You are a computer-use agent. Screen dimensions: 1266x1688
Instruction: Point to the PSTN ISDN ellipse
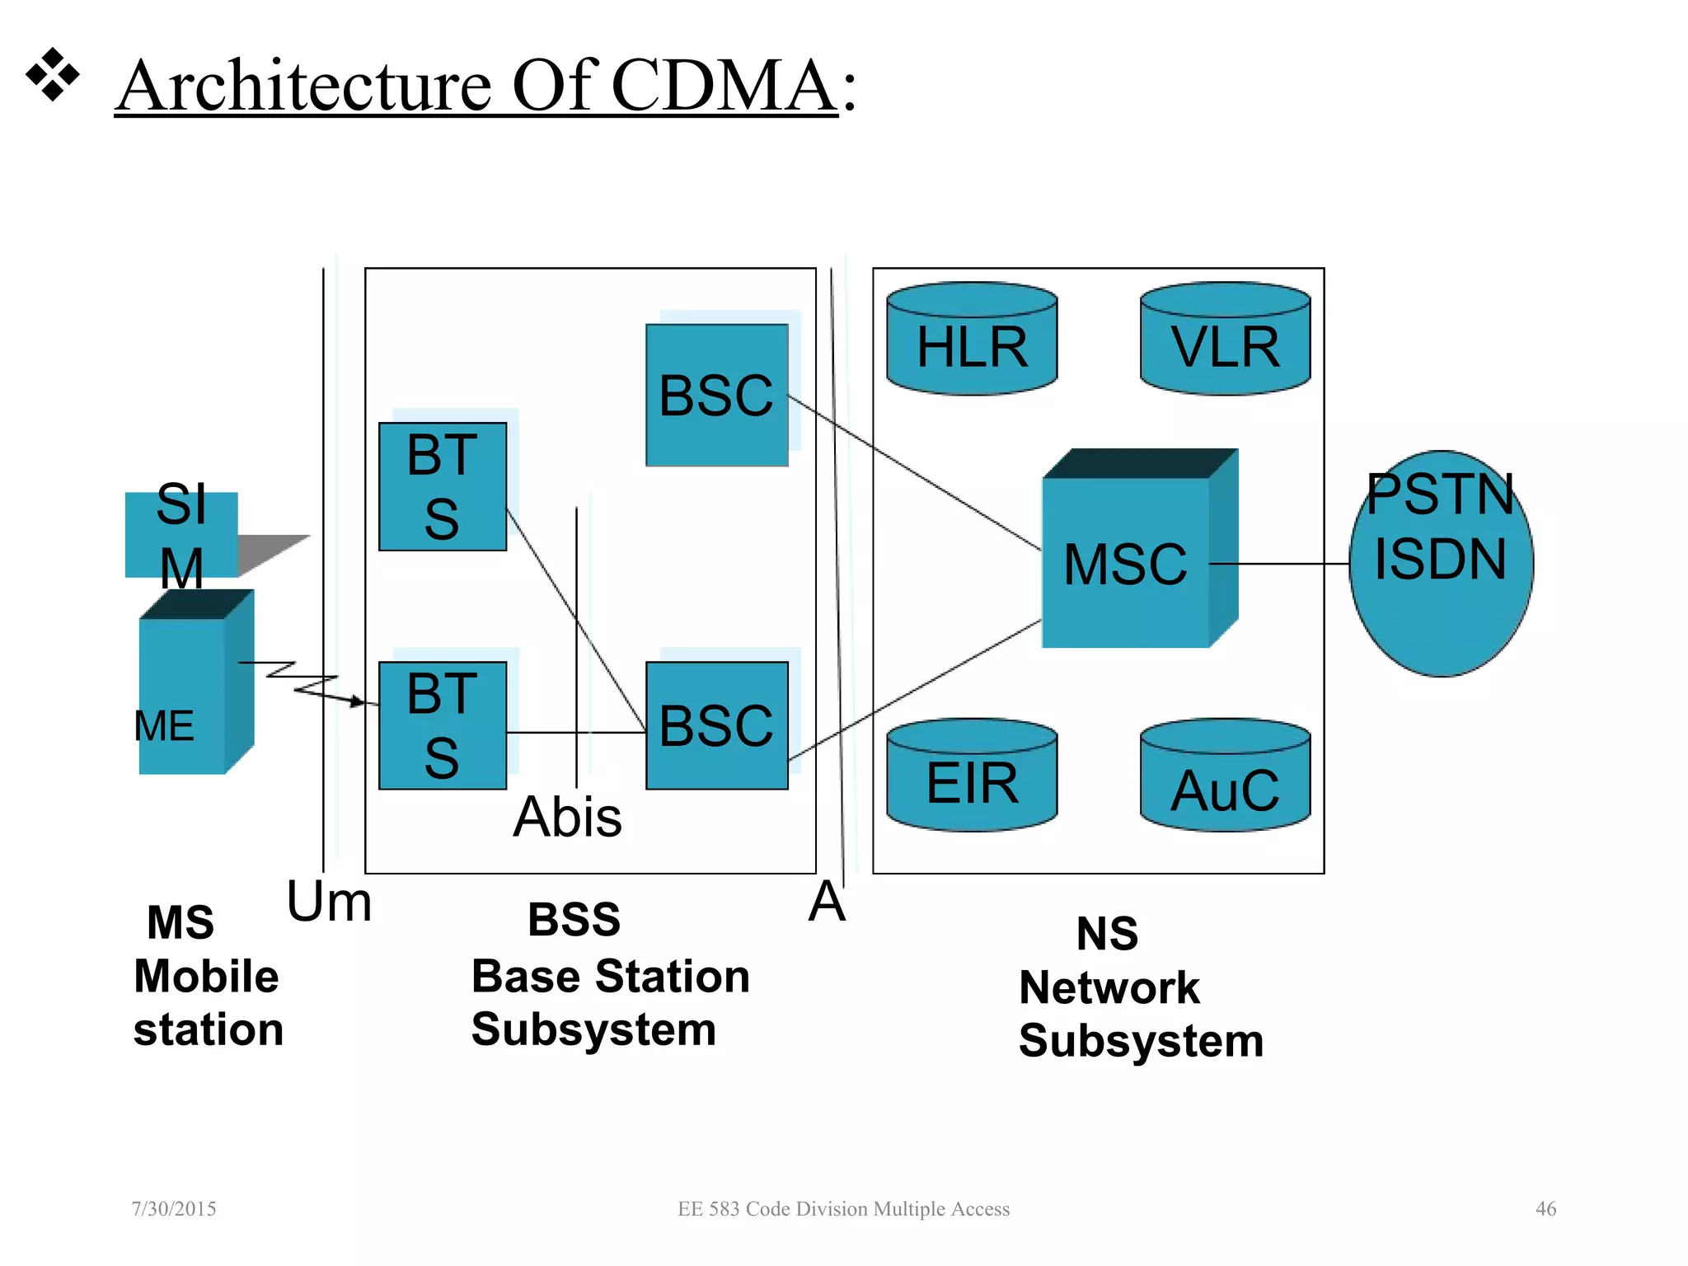tap(1441, 564)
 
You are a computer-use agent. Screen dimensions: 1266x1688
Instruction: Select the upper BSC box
tap(716, 396)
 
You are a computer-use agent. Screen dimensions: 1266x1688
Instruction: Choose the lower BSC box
tap(716, 725)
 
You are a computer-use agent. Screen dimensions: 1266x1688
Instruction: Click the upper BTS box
tap(443, 486)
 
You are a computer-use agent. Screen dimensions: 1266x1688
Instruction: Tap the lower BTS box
tap(443, 725)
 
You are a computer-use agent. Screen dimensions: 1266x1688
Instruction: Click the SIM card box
tap(181, 534)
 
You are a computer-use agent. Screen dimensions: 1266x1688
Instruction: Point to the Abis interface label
tap(567, 818)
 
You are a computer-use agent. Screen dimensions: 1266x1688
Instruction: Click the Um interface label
tap(329, 902)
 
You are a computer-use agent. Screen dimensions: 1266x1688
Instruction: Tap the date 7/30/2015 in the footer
tap(174, 1208)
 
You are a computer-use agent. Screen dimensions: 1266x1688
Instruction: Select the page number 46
tap(1545, 1208)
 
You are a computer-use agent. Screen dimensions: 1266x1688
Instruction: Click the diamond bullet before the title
tap(53, 75)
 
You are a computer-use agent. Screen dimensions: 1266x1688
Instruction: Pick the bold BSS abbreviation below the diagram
tap(574, 920)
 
